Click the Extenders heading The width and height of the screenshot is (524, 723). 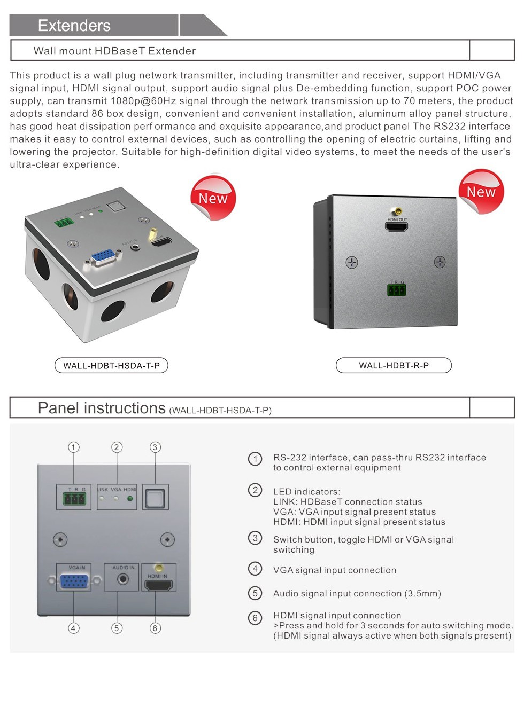click(74, 26)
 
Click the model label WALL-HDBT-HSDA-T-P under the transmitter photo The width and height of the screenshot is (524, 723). click(111, 366)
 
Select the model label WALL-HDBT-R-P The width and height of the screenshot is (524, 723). click(394, 366)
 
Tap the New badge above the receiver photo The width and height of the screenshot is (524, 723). click(481, 192)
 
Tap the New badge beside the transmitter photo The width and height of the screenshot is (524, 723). click(213, 198)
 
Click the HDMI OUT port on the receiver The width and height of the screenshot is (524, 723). click(396, 226)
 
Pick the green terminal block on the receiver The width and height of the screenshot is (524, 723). click(396, 290)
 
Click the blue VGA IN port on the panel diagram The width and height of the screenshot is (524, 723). click(74, 581)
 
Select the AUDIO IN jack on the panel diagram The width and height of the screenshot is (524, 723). click(124, 579)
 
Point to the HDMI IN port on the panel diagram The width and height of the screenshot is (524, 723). click(159, 585)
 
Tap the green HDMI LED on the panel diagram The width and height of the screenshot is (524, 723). click(130, 499)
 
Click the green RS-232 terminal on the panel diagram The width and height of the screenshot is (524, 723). click(74, 499)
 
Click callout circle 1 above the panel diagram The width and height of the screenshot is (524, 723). click(74, 447)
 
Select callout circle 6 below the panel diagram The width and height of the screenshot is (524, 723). click(155, 628)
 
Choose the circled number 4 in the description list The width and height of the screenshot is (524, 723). click(255, 569)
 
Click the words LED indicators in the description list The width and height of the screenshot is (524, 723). click(306, 492)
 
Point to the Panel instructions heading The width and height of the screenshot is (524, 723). click(102, 408)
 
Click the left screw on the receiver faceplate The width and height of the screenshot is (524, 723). click(351, 262)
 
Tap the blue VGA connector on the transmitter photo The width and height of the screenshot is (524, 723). click(102, 257)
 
